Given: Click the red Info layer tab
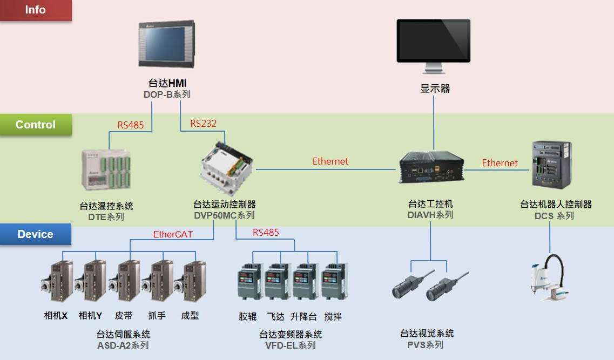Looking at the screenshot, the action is point(36,10).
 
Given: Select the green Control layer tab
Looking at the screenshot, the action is point(36,125).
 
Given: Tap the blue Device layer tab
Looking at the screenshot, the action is point(36,234).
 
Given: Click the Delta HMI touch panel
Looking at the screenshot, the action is point(167,43).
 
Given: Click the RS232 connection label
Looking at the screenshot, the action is point(203,124).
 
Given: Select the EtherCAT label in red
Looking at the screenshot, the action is point(173,234).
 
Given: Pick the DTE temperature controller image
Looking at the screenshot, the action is point(106,169).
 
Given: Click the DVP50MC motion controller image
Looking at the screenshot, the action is point(226,169).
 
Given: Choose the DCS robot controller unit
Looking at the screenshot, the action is point(552,165).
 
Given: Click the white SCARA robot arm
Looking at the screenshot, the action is point(550,277).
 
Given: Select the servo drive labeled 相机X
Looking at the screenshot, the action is point(57,281).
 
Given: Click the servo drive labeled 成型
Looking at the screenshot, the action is point(190,281).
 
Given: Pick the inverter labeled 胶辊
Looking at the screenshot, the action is point(250,282).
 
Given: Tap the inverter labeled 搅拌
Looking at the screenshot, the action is point(334,282).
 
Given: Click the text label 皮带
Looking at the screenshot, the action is point(124,315).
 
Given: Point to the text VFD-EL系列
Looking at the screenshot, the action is point(290,345).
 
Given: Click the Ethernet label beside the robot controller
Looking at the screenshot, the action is point(500,163).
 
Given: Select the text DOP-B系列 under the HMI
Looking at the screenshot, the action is point(167,94).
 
